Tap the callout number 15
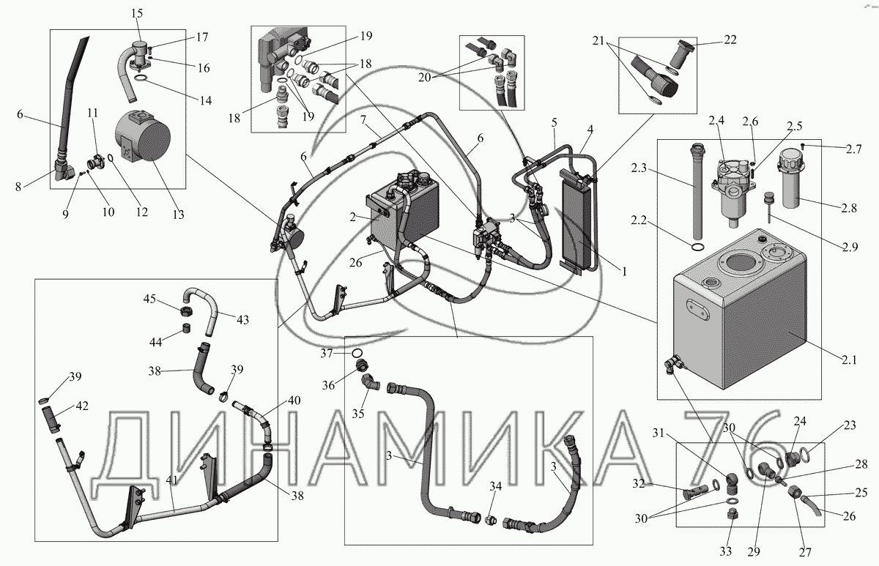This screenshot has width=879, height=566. pos(138,14)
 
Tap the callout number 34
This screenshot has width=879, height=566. pos(496,485)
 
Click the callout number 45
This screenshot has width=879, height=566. pos(149,299)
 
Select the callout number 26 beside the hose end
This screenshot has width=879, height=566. pos(848,515)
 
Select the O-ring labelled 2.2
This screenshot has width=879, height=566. pos(699,248)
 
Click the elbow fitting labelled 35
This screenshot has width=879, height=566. pos(369,383)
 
